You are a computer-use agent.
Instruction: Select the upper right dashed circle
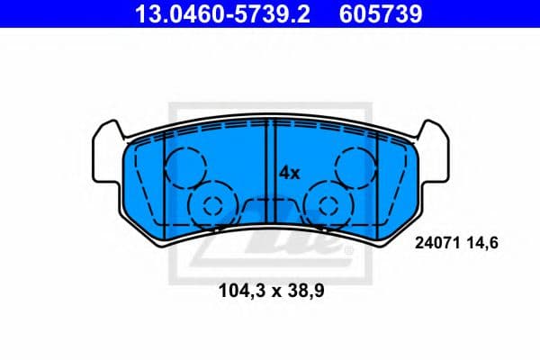[x=355, y=166]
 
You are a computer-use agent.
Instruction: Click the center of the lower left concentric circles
[x=212, y=204]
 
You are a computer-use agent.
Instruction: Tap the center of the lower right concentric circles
[x=328, y=204]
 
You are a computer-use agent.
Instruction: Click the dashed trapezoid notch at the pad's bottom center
[x=270, y=205]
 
